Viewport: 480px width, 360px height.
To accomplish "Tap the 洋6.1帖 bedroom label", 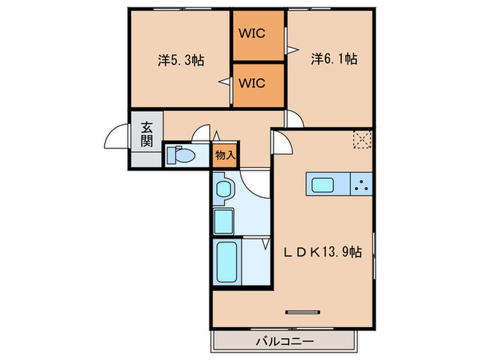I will point(334,60).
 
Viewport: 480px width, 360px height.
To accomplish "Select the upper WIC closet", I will point(258,33).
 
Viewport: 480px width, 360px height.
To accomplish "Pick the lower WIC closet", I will point(258,84).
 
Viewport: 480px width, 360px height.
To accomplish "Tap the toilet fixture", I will point(182,154).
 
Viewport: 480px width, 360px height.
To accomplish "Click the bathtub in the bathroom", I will point(227,263).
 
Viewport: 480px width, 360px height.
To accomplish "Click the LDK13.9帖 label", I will point(323,252).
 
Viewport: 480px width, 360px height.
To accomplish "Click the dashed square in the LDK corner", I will point(361,139).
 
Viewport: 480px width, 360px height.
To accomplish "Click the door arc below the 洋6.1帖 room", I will point(296,119).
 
